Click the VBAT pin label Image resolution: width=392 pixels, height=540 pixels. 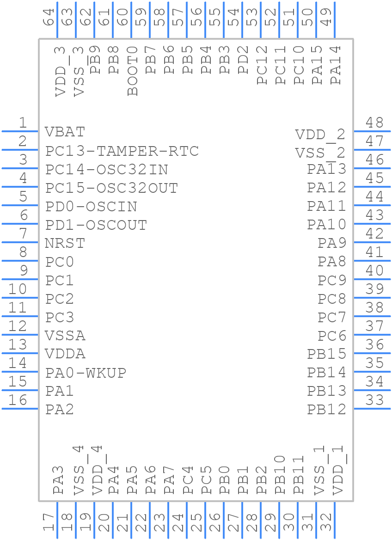pyautogui.click(x=65, y=132)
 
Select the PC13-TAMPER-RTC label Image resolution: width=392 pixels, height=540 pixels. pyautogui.click(x=122, y=151)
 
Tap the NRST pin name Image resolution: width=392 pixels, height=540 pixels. pyautogui.click(x=65, y=243)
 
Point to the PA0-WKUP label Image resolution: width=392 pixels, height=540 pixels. pyautogui.click(x=86, y=373)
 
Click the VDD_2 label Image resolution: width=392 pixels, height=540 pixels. pyautogui.click(x=320, y=135)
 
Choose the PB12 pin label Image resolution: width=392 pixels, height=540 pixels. pyautogui.click(x=326, y=409)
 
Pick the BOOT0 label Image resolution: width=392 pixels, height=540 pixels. pyautogui.click(x=133, y=71)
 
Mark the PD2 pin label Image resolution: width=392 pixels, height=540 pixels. pyautogui.click(x=244, y=60)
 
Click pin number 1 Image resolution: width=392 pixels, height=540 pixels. pyautogui.click(x=22, y=123)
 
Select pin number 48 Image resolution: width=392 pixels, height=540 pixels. pyautogui.click(x=374, y=123)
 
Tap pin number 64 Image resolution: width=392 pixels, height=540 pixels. pyautogui.click(x=49, y=17)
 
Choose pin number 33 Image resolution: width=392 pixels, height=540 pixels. pyautogui.click(x=374, y=400)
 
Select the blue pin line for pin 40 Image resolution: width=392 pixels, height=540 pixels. pyautogui.click(x=372, y=279)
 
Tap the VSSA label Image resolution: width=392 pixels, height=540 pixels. pyautogui.click(x=65, y=336)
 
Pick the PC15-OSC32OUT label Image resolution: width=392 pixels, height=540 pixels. pyautogui.click(x=111, y=188)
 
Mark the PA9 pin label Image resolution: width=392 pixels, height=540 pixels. pyautogui.click(x=331, y=243)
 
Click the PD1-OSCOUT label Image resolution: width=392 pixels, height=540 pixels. pyautogui.click(x=96, y=225)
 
